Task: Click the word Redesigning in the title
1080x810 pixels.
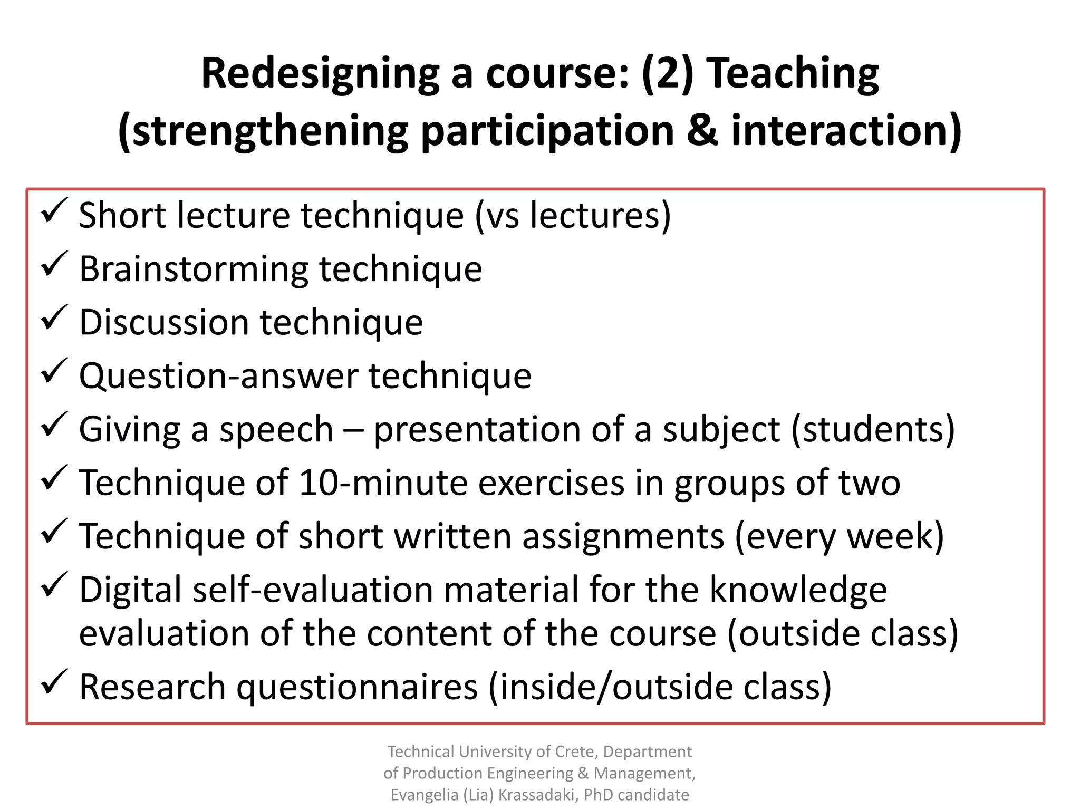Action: click(x=320, y=74)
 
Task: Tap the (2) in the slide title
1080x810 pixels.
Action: click(x=667, y=73)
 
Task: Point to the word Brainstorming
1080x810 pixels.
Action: click(x=194, y=269)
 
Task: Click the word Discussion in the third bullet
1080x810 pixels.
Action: click(x=163, y=322)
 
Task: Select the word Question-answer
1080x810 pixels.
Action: click(x=218, y=377)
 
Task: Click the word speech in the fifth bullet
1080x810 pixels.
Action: click(x=276, y=430)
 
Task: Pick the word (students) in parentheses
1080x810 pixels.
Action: click(x=873, y=429)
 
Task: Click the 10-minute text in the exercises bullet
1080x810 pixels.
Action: click(x=383, y=483)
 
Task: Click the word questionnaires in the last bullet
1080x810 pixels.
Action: click(x=356, y=687)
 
